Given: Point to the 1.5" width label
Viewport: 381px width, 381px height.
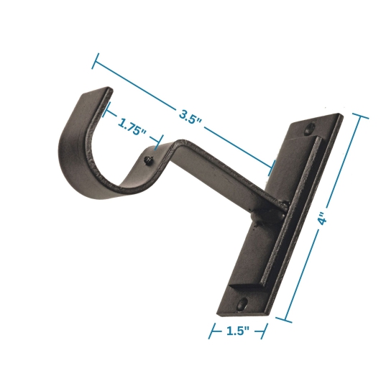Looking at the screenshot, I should pyautogui.click(x=238, y=331).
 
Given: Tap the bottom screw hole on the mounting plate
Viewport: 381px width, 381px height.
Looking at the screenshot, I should pyautogui.click(x=241, y=303).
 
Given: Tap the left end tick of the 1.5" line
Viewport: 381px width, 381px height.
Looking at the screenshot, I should pyautogui.click(x=212, y=331).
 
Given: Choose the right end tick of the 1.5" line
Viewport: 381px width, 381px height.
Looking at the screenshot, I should pyautogui.click(x=265, y=331).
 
